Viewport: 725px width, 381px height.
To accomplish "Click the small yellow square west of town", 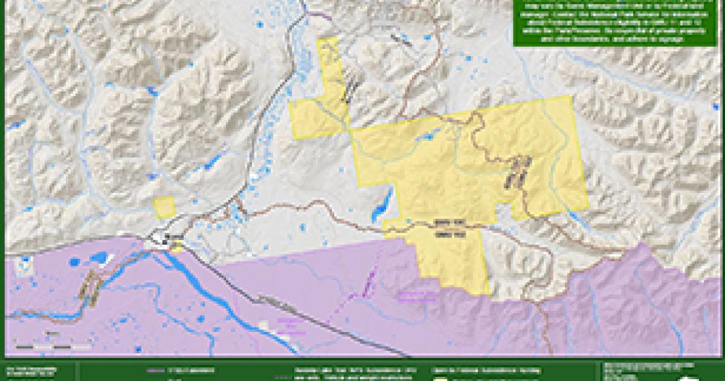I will coord(164,207).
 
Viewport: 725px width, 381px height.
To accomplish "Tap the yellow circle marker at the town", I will coord(176,245).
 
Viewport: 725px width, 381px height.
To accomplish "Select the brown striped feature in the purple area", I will coord(91,284).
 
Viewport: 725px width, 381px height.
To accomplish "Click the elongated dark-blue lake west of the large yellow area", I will coord(382,205).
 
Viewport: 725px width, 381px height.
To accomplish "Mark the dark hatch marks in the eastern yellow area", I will coord(518,171).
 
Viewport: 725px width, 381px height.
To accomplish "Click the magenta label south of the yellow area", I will coord(416,296).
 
